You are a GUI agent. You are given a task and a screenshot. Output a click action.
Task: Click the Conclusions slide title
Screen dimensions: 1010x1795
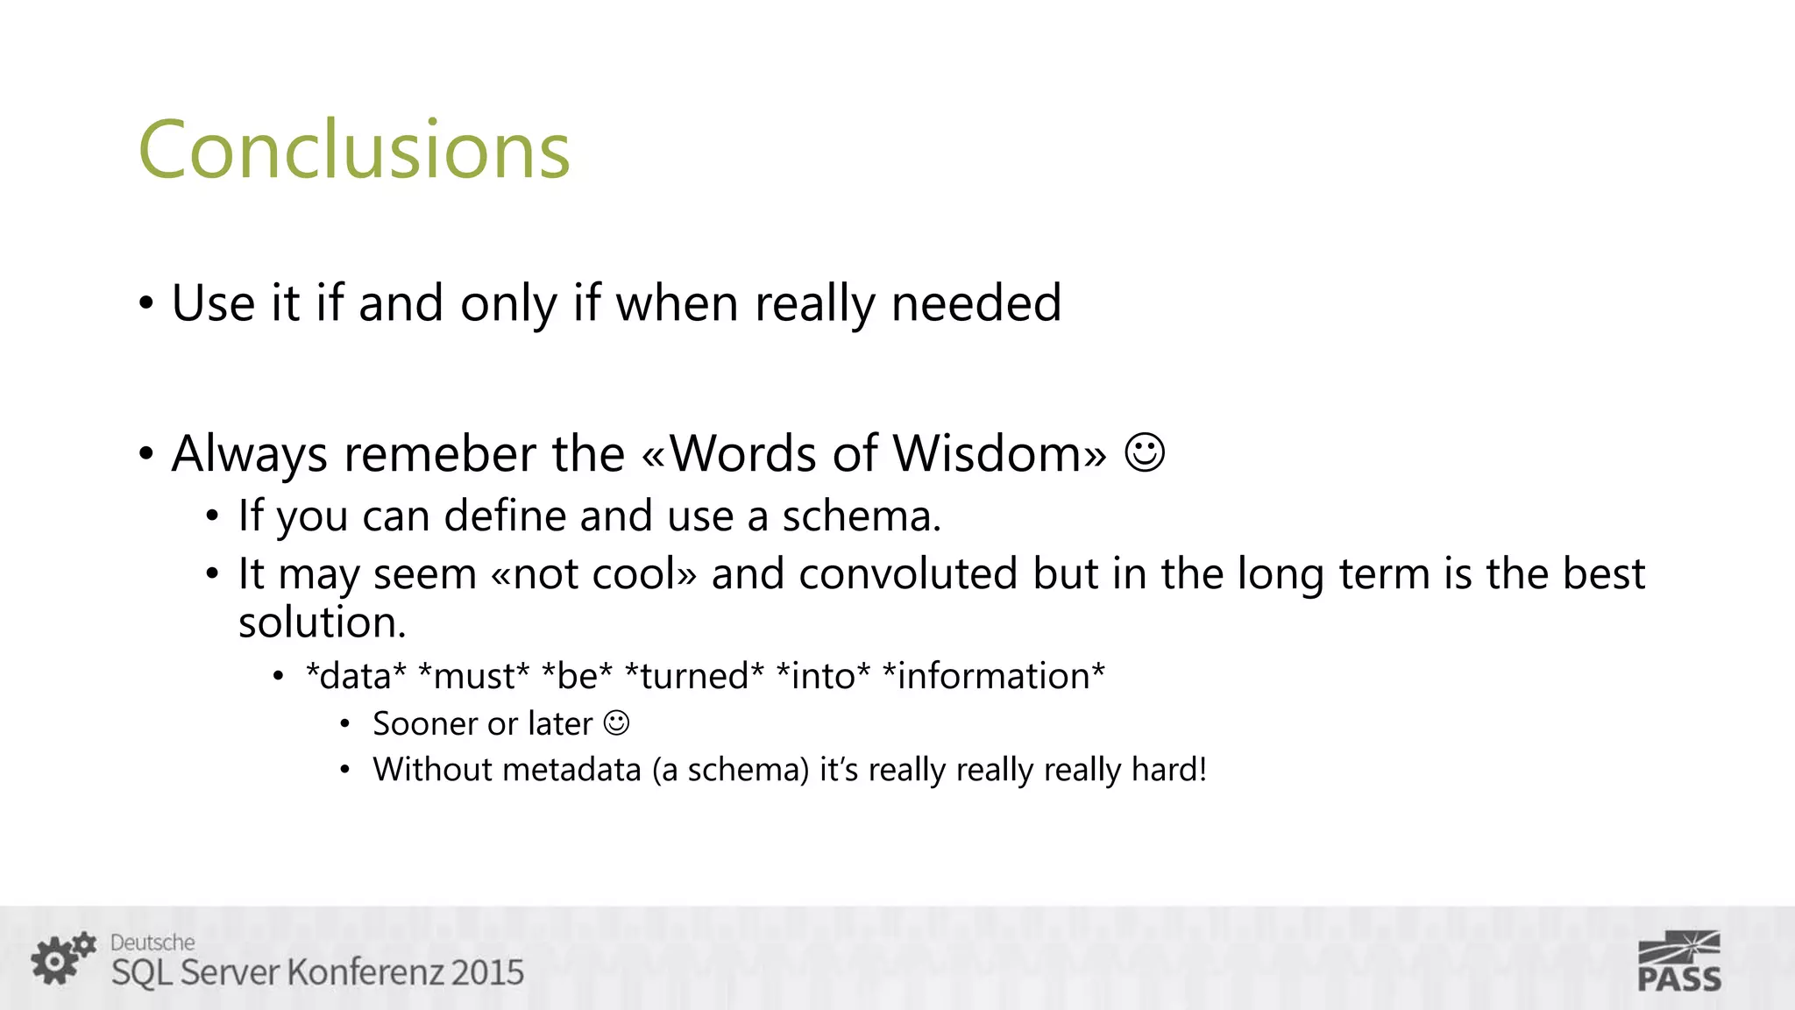354,150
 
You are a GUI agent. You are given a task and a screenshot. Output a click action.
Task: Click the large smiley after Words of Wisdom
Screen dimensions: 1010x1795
1144,453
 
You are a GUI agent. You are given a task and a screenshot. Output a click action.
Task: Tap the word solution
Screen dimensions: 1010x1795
322,622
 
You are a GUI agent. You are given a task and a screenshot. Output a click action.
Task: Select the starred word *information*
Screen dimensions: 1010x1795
993,676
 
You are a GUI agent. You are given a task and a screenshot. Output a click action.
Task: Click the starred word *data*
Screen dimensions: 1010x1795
356,676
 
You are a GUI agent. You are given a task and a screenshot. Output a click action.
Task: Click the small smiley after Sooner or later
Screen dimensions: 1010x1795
617,723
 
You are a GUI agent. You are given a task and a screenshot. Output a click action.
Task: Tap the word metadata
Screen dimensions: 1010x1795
572,770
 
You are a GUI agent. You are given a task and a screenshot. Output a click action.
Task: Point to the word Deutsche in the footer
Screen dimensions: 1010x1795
153,942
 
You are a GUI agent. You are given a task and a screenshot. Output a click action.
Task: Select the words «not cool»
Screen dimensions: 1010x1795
594,574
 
